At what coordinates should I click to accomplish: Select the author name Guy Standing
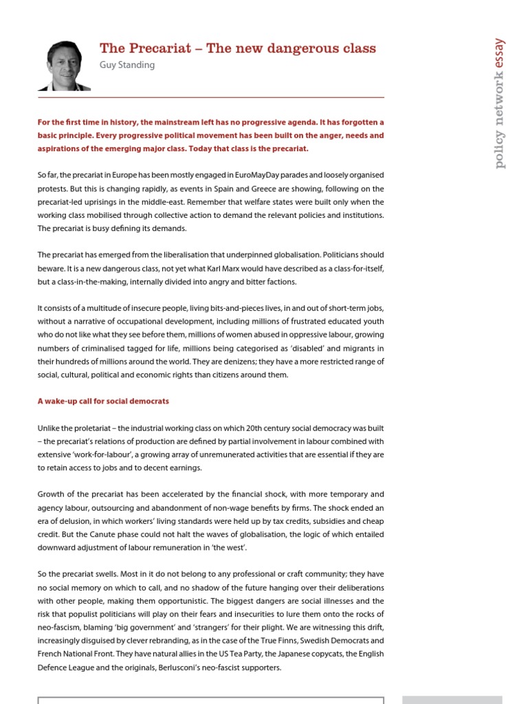(127, 65)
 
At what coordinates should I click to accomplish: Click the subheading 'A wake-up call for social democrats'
(103, 401)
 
